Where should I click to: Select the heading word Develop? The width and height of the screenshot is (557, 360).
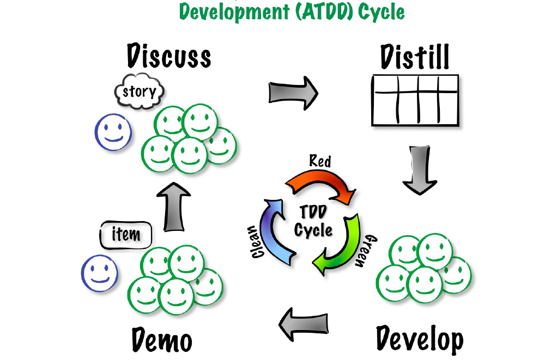point(420,339)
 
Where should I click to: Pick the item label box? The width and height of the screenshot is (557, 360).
point(125,235)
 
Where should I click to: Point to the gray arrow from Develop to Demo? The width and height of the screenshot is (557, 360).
point(304,325)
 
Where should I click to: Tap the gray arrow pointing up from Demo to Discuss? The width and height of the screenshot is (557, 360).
point(174,208)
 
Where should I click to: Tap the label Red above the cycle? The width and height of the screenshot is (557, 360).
point(320,161)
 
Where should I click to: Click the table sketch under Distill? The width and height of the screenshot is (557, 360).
point(414,101)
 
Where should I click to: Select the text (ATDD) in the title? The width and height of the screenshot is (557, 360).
point(323,11)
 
